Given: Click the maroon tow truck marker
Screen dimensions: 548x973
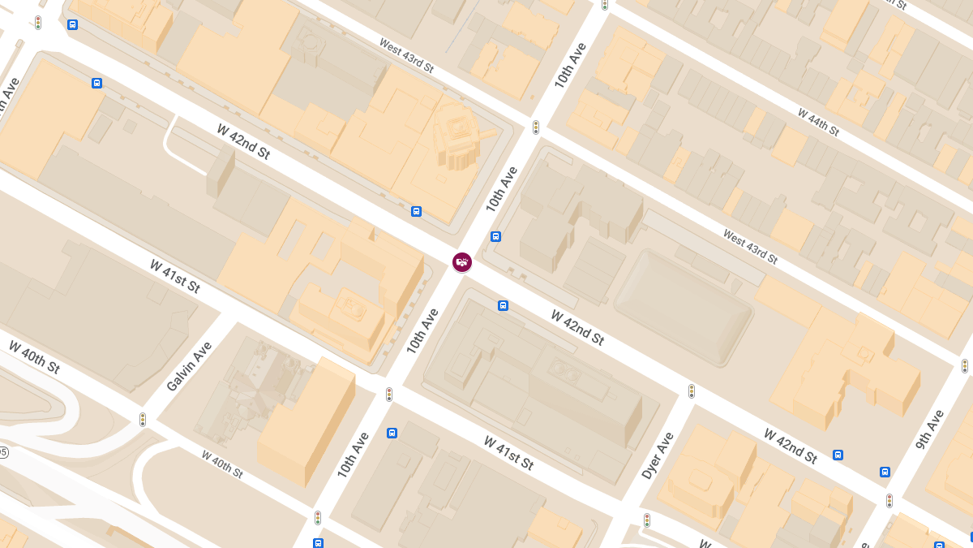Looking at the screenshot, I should tap(462, 261).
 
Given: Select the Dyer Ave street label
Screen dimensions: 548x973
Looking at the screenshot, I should tap(658, 455).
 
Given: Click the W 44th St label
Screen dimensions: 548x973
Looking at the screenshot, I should tap(818, 122).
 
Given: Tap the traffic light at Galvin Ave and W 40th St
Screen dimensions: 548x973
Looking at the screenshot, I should tap(143, 420).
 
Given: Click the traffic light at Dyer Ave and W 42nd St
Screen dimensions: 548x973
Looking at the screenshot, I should tap(692, 391).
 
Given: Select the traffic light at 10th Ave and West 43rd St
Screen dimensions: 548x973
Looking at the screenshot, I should tap(536, 127).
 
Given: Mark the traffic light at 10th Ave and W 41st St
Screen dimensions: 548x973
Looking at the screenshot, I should tap(389, 395).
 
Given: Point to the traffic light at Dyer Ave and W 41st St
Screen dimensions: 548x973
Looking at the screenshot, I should tap(647, 520).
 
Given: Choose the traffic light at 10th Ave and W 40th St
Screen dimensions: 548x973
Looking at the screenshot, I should tap(318, 517).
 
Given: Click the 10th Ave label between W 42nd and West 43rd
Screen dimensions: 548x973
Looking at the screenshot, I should tap(502, 189).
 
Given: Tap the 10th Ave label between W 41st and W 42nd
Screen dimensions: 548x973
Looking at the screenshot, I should tap(422, 330).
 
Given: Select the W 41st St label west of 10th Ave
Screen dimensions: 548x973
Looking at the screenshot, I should tap(174, 276).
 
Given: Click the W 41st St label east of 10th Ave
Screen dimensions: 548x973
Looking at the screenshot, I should tap(508, 453).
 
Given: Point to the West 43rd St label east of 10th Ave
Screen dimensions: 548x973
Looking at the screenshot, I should tap(750, 247).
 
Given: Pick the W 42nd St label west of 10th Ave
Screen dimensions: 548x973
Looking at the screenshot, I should tap(243, 141).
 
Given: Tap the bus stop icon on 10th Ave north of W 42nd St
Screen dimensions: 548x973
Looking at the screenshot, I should tap(495, 237).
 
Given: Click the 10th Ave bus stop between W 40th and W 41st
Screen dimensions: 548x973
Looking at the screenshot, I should tap(392, 433).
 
